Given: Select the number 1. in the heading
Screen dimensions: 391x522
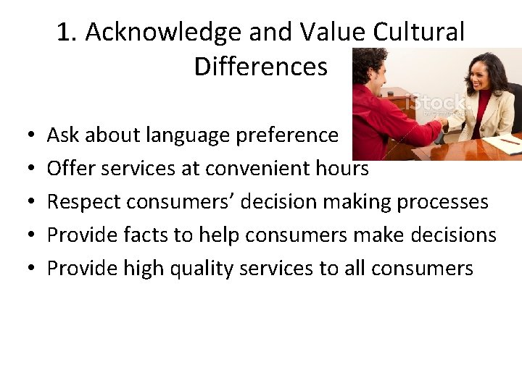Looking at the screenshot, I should coord(67,33).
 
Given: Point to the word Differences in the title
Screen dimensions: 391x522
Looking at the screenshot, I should coord(260,67).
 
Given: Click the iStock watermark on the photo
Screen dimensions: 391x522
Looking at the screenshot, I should coord(435,104).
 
